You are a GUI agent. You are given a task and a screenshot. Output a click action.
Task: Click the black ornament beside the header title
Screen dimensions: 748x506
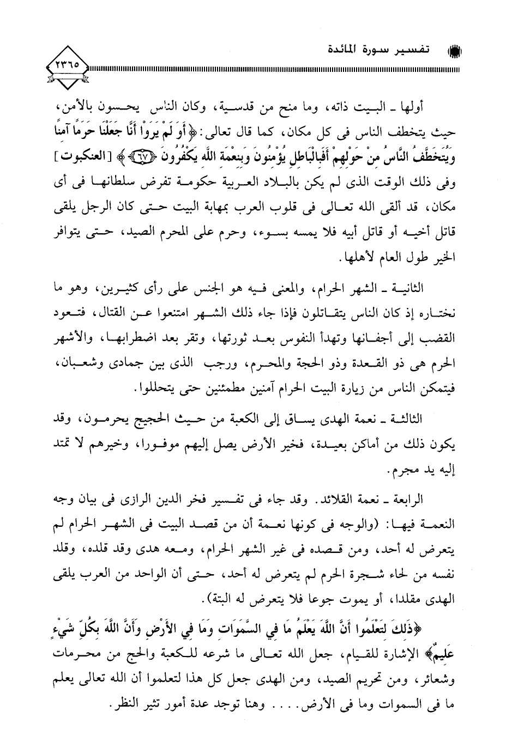point(454,52)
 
